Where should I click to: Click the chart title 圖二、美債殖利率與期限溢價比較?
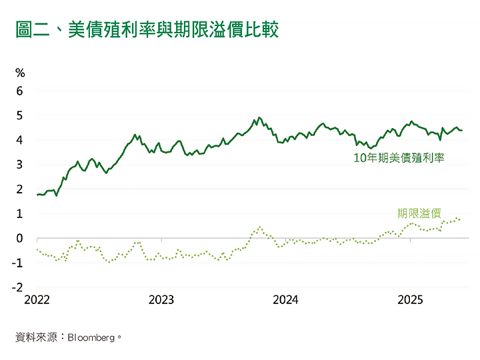(x=146, y=30)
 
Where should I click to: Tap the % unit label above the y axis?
(x=19, y=73)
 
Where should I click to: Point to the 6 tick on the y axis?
(x=19, y=91)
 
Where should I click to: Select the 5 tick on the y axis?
(x=19, y=115)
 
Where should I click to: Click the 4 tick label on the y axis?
(x=19, y=140)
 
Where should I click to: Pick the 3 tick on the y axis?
(x=19, y=165)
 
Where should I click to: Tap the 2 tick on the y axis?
(x=19, y=189)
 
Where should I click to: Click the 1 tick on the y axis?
(x=19, y=214)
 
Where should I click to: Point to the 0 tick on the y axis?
(x=19, y=239)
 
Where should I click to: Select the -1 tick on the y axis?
(x=18, y=263)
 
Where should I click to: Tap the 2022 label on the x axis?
(x=37, y=301)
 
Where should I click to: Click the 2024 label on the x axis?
(x=285, y=301)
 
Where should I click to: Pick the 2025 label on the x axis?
(x=410, y=301)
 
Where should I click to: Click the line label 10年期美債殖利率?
(x=399, y=159)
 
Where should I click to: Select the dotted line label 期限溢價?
(x=419, y=213)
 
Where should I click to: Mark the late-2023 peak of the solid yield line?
(x=259, y=118)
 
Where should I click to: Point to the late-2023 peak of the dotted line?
(x=259, y=227)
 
